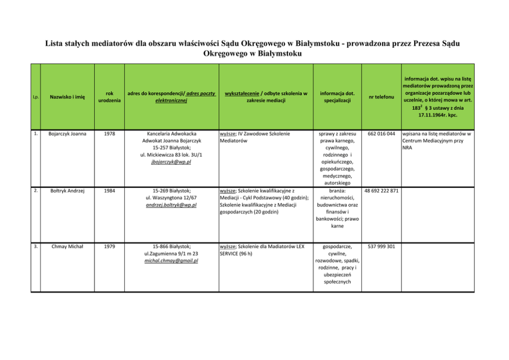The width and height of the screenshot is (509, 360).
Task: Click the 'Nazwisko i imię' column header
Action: [x=67, y=97]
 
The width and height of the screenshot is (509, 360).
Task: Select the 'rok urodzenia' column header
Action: [x=109, y=97]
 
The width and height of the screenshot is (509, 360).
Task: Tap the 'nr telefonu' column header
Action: [x=381, y=97]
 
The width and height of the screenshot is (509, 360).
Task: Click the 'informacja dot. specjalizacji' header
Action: [x=337, y=97]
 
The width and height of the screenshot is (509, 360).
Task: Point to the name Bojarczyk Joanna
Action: [x=67, y=134]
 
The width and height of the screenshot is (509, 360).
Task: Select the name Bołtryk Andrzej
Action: [x=67, y=191]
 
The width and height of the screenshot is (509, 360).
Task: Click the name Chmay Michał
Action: [x=67, y=247]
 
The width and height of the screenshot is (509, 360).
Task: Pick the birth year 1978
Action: [x=109, y=134]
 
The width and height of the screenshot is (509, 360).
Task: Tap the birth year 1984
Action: [x=109, y=191]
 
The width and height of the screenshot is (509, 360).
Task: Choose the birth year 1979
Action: [x=109, y=247]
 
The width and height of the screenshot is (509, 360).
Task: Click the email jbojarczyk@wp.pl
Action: [x=171, y=162]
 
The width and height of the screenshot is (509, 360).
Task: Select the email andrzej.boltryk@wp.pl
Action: [x=171, y=205]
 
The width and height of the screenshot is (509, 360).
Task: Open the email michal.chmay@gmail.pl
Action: [x=171, y=260]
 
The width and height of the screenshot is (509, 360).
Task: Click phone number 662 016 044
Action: [x=381, y=134]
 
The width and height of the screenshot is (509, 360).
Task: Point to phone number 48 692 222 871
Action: [x=381, y=191]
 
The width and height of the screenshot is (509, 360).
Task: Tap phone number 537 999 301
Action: [x=381, y=247]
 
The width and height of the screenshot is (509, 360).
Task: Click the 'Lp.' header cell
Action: [x=35, y=97]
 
